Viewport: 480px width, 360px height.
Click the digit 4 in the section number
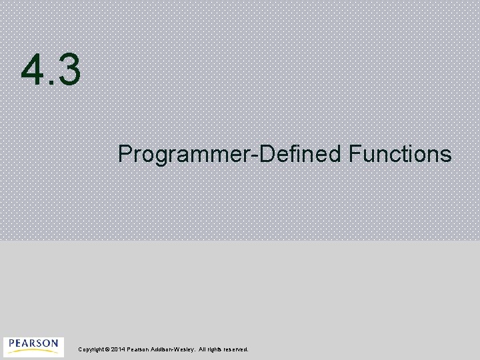click(33, 71)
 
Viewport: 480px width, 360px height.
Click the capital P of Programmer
click(125, 154)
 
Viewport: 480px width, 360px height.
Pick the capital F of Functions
click(353, 154)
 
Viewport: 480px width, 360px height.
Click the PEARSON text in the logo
click(33, 343)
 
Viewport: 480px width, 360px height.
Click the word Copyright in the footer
click(91, 349)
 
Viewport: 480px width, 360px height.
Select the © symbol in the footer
click(107, 349)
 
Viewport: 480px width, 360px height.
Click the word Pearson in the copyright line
click(138, 349)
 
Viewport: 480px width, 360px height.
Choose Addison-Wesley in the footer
click(173, 349)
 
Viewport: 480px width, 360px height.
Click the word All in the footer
click(202, 349)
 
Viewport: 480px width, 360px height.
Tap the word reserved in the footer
click(236, 349)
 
